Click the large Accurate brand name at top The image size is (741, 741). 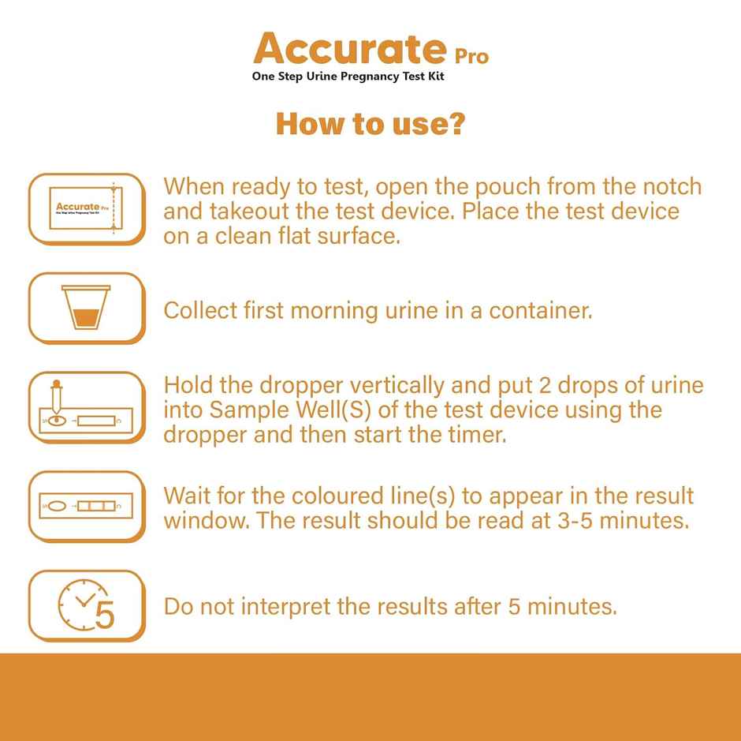(x=351, y=49)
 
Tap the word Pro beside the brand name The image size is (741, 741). (x=471, y=57)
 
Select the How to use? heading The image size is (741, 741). (x=370, y=125)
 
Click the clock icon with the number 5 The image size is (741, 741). (x=87, y=606)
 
